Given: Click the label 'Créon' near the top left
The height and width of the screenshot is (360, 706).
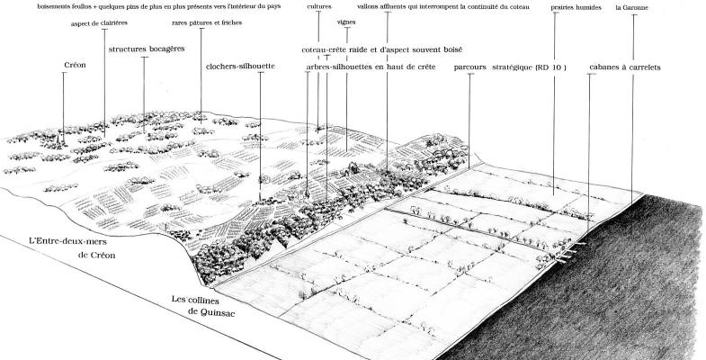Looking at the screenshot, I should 75,66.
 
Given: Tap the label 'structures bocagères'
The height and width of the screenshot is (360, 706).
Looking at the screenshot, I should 147,50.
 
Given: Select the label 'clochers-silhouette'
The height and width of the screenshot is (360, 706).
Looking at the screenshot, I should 240,66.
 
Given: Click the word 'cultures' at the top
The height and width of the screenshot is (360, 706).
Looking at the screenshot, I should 318,7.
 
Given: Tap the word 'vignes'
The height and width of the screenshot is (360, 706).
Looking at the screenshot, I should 346,22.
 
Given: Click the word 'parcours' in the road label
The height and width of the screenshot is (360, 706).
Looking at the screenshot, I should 470,67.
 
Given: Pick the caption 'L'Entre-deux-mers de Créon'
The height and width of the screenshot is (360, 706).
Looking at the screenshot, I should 74,248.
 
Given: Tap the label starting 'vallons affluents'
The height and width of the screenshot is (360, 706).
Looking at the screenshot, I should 432,7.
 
